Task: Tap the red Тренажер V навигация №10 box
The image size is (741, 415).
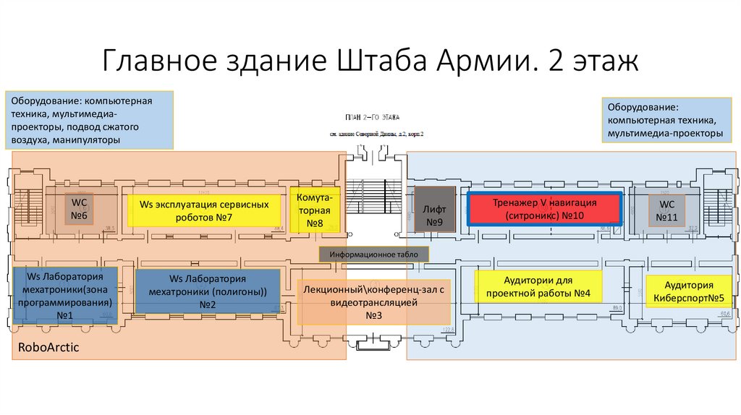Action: click(x=544, y=209)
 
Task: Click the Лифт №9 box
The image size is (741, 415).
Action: click(x=433, y=209)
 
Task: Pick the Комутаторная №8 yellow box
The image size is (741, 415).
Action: click(x=314, y=209)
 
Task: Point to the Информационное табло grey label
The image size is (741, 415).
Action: click(x=374, y=254)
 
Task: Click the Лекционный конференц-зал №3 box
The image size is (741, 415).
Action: click(x=374, y=302)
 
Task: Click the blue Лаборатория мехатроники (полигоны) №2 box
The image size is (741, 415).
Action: click(x=208, y=291)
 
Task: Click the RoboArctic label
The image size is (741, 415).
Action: click(x=48, y=348)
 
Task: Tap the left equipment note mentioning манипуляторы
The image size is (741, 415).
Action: click(x=90, y=119)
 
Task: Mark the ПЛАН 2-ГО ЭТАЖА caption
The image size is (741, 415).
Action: click(x=373, y=116)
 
